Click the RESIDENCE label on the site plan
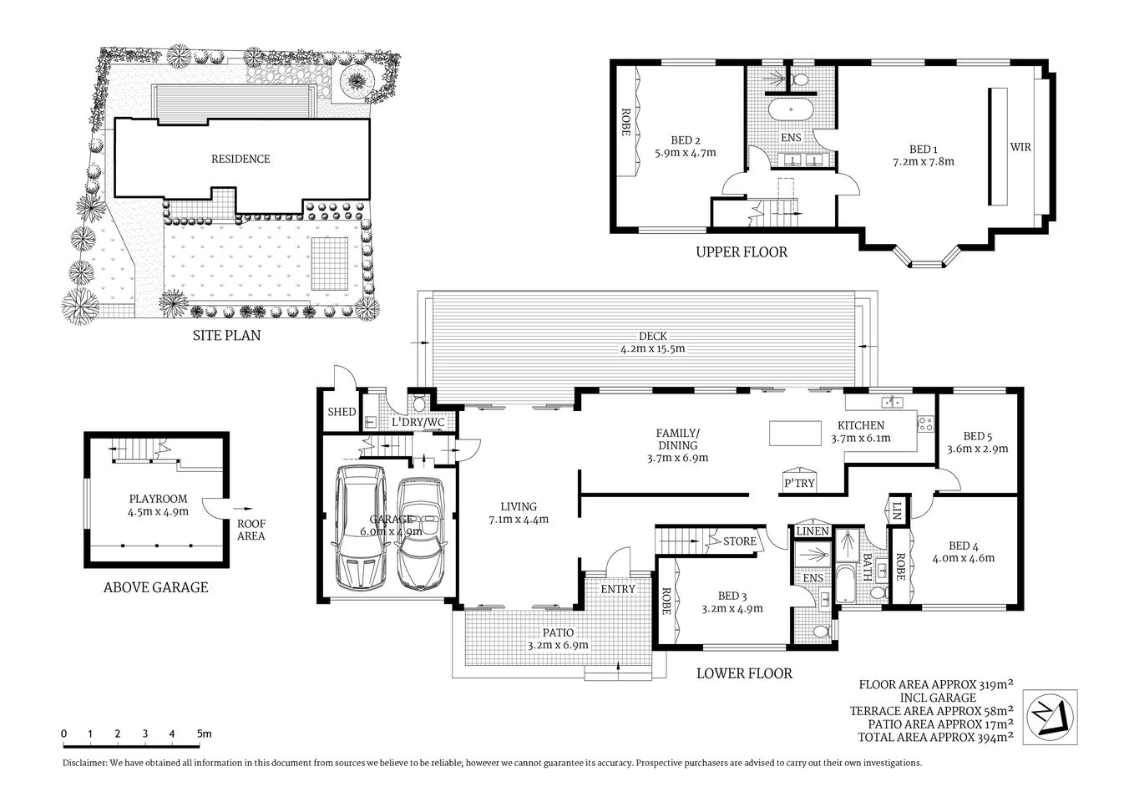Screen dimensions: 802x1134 click(x=240, y=159)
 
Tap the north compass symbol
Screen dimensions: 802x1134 click(x=1050, y=716)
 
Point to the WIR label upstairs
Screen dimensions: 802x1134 click(x=1020, y=147)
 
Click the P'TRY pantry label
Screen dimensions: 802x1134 click(x=799, y=483)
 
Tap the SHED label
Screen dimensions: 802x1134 click(x=341, y=412)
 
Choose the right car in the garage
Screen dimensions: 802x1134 click(x=422, y=532)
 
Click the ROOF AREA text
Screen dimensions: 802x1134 click(x=251, y=530)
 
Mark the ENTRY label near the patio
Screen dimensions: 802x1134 click(x=618, y=589)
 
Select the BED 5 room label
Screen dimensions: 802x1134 click(x=978, y=436)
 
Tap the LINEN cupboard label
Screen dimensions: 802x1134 click(x=813, y=531)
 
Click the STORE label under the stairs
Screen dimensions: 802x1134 click(x=739, y=541)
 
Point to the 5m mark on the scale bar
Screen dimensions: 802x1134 click(x=203, y=733)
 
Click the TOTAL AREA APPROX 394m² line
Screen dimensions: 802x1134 click(x=935, y=737)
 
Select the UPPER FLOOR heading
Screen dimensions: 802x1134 click(x=742, y=251)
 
